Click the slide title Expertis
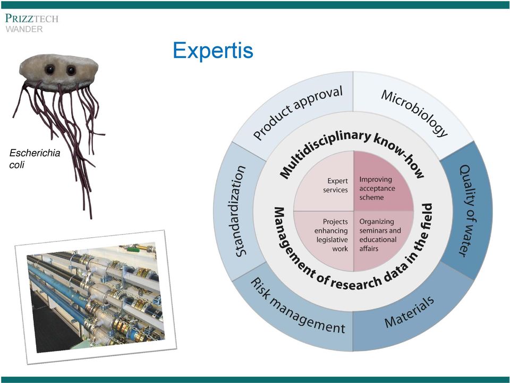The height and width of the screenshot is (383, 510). tap(213, 51)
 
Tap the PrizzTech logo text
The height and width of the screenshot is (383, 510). tap(31, 18)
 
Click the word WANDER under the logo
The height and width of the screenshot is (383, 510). tap(24, 29)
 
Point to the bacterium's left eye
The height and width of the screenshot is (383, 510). tap(50, 69)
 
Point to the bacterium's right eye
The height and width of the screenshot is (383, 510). tap(71, 70)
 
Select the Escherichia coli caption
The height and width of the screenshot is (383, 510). tap(35, 159)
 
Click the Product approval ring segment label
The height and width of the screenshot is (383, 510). tap(297, 113)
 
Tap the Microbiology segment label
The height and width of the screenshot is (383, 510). tap(414, 113)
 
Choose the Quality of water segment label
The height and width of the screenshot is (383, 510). tap(467, 211)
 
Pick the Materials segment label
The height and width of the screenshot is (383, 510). tap(409, 312)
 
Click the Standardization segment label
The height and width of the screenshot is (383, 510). tap(240, 211)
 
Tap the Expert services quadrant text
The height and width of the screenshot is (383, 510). tap(335, 185)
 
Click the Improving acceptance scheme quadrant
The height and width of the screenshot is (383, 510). tap(377, 188)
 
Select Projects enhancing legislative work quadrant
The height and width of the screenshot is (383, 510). tap(331, 235)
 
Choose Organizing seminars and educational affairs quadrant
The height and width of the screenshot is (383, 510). tap(380, 235)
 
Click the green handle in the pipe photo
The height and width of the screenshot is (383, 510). tap(133, 250)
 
